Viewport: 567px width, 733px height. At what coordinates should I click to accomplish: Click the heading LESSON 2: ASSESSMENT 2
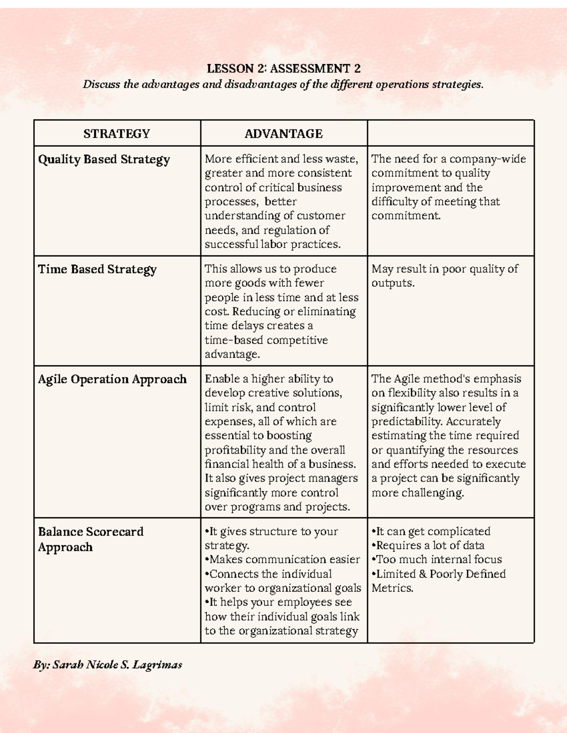(283, 69)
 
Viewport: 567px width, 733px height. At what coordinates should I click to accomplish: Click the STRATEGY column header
(117, 134)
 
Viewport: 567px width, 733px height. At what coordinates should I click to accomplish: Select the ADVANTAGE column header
(283, 134)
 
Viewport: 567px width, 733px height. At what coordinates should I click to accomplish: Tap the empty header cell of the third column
(451, 134)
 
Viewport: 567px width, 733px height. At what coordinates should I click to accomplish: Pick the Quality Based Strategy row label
(104, 160)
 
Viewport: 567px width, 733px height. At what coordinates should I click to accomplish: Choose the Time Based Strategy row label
(97, 270)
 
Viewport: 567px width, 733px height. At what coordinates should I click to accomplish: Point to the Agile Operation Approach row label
(112, 379)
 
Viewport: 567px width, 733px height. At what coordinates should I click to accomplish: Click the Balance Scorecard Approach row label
(90, 539)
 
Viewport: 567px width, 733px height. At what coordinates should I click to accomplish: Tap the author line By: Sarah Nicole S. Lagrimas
(108, 665)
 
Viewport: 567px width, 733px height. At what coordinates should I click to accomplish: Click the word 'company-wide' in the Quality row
(487, 159)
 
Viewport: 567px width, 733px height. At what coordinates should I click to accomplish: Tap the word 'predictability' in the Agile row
(407, 421)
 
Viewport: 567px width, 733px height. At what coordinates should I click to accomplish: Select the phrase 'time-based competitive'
(266, 340)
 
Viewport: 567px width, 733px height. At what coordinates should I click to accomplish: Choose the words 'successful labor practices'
(273, 244)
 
